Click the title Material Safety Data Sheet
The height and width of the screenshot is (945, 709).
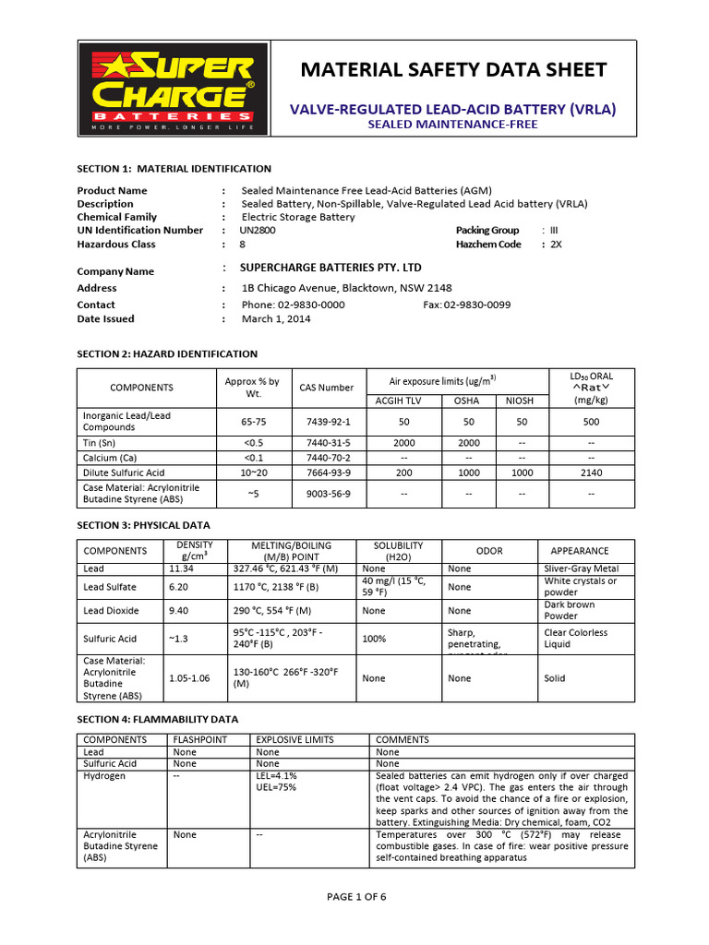pyautogui.click(x=452, y=70)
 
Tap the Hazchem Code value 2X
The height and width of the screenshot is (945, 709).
pyautogui.click(x=556, y=245)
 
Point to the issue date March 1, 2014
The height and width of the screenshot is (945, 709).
pyautogui.click(x=276, y=319)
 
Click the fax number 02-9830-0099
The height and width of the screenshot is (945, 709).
pyautogui.click(x=466, y=305)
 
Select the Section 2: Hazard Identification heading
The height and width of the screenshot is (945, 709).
pyautogui.click(x=166, y=353)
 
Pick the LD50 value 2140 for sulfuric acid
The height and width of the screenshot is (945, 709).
pyautogui.click(x=591, y=472)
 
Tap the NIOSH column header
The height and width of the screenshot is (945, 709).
pyautogui.click(x=522, y=401)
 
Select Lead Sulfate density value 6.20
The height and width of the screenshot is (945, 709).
pyautogui.click(x=178, y=587)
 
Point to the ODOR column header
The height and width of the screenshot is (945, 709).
pyautogui.click(x=489, y=551)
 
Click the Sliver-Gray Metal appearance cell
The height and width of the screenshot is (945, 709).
pyautogui.click(x=582, y=569)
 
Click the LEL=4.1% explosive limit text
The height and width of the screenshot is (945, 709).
pyautogui.click(x=276, y=776)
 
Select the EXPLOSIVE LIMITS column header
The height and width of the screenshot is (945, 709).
pyautogui.click(x=294, y=740)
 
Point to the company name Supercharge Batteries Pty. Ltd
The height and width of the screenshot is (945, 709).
pyautogui.click(x=330, y=268)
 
